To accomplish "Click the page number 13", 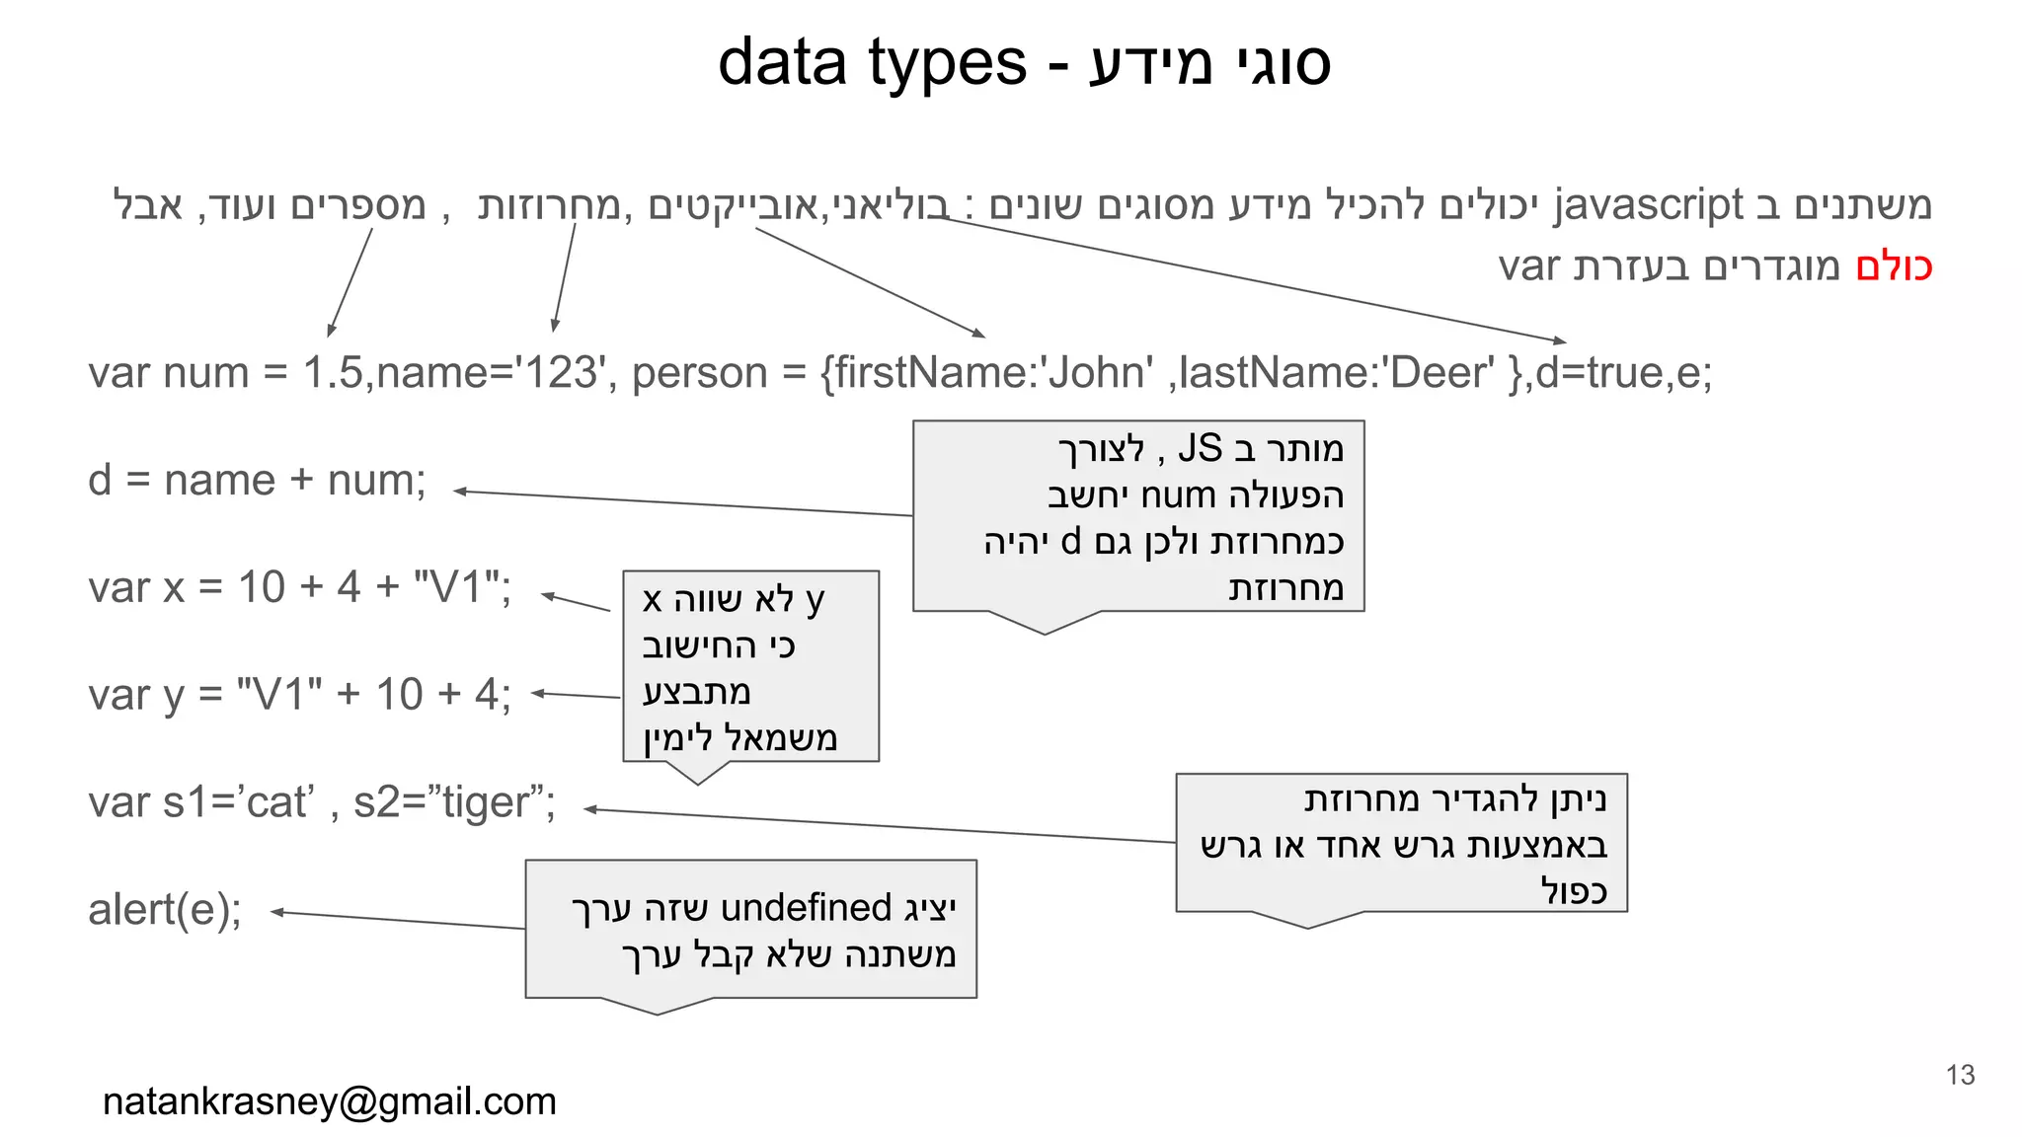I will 1960,1075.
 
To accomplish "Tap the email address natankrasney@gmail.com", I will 330,1101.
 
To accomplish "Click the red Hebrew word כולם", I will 1893,266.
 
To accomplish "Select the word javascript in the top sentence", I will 1648,204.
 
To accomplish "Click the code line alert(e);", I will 165,909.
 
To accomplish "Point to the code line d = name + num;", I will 257,481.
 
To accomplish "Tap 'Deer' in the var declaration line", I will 1441,373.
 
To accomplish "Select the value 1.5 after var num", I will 333,373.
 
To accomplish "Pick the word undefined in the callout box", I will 807,908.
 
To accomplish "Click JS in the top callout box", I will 1200,449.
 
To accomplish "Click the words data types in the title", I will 872,62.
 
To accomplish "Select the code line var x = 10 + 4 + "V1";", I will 299,587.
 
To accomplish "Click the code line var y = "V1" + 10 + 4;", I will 299,695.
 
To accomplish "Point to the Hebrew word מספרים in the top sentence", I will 358,205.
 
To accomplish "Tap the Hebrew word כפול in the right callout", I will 1574,890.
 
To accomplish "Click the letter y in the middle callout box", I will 815,599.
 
